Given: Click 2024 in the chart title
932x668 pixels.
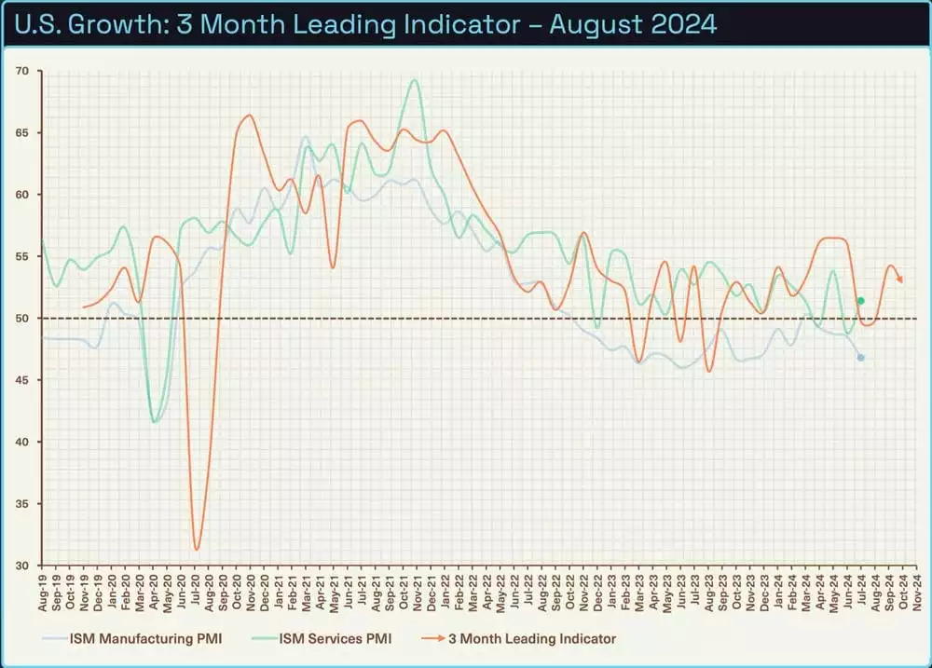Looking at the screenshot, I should [x=681, y=23].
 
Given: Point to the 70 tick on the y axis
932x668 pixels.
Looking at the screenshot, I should [x=22, y=71].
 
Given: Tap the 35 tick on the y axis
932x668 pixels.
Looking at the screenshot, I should [x=22, y=504].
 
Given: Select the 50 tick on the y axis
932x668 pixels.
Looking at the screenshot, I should [x=22, y=319].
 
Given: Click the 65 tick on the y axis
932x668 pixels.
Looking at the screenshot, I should [x=22, y=133].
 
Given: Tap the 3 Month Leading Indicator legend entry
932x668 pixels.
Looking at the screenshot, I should [x=531, y=638].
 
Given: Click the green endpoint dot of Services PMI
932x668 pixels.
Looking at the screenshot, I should [x=860, y=301].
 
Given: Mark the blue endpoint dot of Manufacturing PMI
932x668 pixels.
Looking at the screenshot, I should [x=860, y=358].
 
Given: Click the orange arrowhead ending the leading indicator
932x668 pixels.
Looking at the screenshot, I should [x=900, y=279].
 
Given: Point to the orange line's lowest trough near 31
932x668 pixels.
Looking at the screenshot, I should [x=197, y=549].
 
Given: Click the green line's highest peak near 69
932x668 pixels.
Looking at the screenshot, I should [x=414, y=80].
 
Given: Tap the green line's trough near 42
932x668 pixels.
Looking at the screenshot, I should [x=155, y=421].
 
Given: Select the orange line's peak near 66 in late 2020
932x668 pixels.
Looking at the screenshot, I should [x=249, y=116].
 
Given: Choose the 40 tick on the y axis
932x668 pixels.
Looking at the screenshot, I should [x=22, y=442].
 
